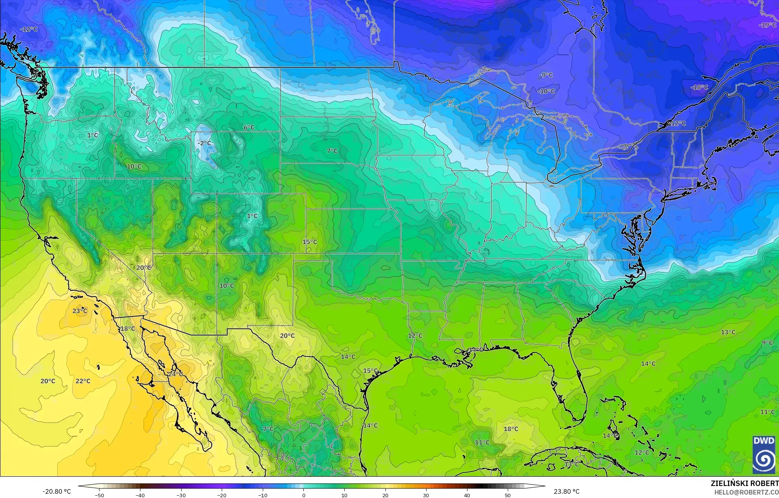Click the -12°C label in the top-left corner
click(x=29, y=29)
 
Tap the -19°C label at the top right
click(x=767, y=25)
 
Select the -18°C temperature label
click(x=699, y=87)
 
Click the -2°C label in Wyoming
click(x=204, y=143)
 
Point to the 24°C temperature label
click(x=175, y=374)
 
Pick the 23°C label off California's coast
click(x=80, y=311)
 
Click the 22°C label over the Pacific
click(x=83, y=381)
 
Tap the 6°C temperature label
click(x=249, y=127)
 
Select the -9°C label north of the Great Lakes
click(x=546, y=75)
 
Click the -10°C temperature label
click(x=546, y=92)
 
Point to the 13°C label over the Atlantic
click(x=728, y=332)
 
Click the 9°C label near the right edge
click(x=767, y=343)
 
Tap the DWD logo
click(x=764, y=455)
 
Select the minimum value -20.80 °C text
click(x=56, y=491)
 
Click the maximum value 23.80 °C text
click(x=567, y=491)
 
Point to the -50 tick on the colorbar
click(x=100, y=495)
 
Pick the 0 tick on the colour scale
click(x=304, y=495)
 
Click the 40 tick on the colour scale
click(x=467, y=495)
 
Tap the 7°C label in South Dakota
click(x=332, y=151)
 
